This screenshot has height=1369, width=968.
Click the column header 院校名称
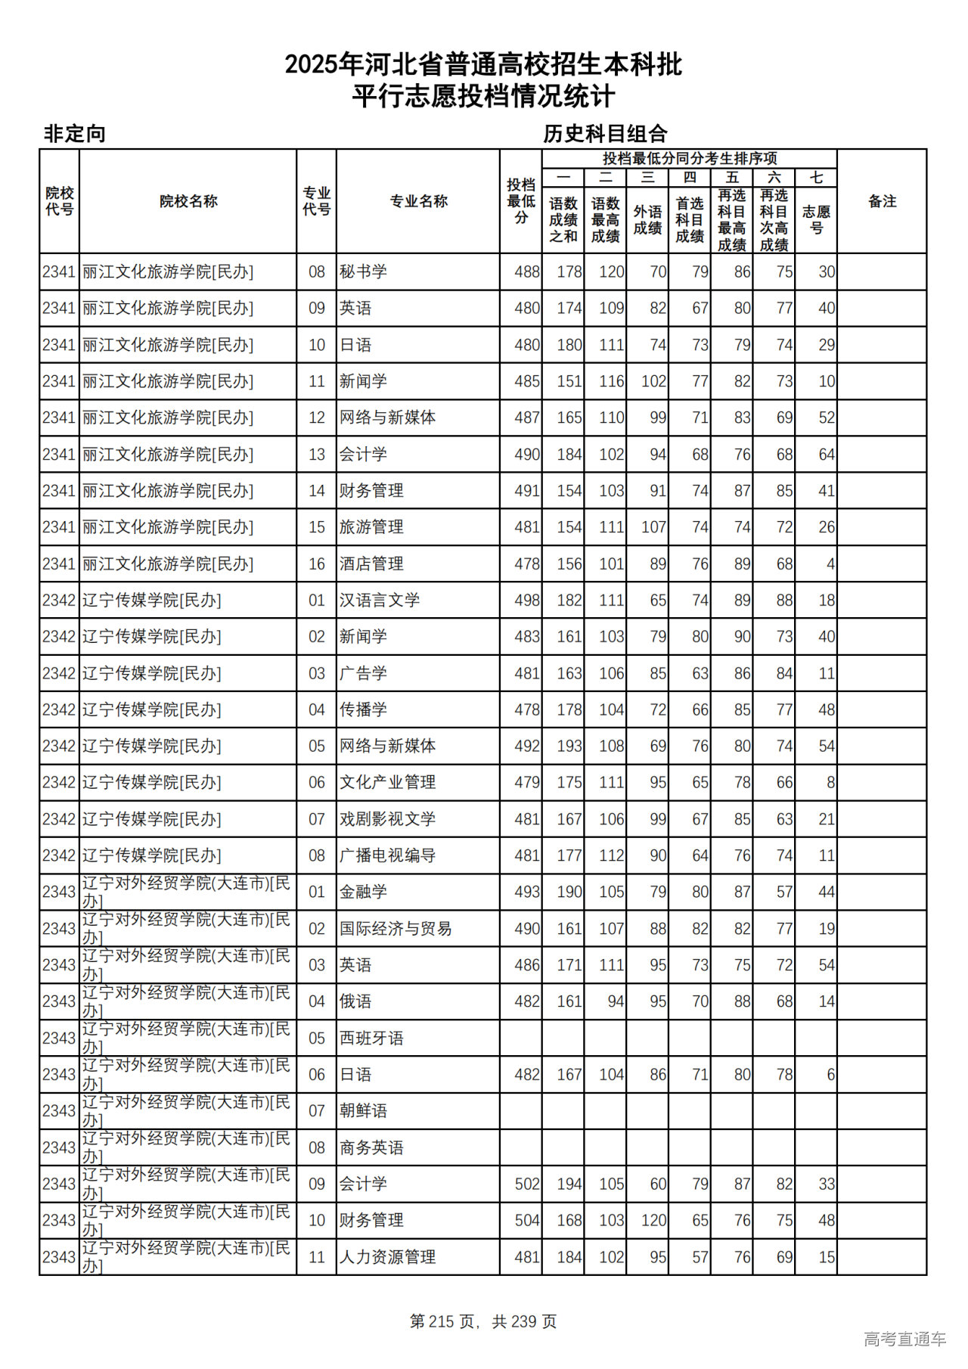pyautogui.click(x=188, y=201)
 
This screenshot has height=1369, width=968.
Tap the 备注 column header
pyautogui.click(x=882, y=201)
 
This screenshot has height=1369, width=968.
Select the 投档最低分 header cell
pyautogui.click(x=520, y=201)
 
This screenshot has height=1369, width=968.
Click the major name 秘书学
pyautogui.click(x=363, y=272)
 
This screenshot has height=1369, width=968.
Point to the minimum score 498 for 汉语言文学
pyautogui.click(x=526, y=601)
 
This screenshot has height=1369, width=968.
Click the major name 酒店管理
pyautogui.click(x=371, y=564)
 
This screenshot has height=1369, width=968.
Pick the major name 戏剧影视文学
pyautogui.click(x=387, y=819)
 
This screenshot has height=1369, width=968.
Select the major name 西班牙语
pyautogui.click(x=371, y=1038)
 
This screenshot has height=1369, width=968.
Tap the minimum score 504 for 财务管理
pyautogui.click(x=526, y=1221)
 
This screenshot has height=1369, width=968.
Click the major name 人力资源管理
pyautogui.click(x=387, y=1257)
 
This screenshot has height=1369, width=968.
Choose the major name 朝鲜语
pyautogui.click(x=363, y=1111)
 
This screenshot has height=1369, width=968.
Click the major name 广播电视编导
pyautogui.click(x=387, y=855)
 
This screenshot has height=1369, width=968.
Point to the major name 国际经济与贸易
pyautogui.click(x=395, y=929)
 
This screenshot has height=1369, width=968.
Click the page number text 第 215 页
pyautogui.click(x=442, y=1321)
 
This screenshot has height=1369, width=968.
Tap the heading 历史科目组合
pyautogui.click(x=605, y=134)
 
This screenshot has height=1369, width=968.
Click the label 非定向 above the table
pyautogui.click(x=74, y=134)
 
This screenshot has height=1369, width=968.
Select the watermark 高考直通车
pyautogui.click(x=904, y=1340)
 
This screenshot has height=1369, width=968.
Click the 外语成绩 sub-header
pyautogui.click(x=647, y=219)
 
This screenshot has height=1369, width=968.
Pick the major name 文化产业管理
pyautogui.click(x=387, y=783)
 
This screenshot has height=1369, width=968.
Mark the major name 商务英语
pyautogui.click(x=371, y=1148)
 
